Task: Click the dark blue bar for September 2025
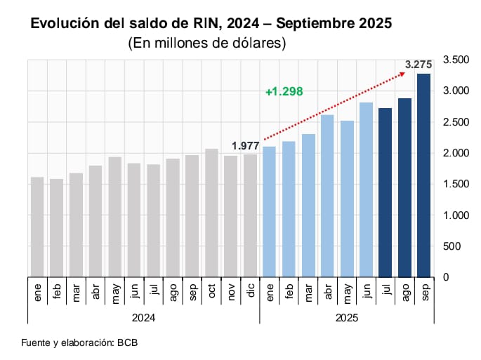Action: [x=423, y=175]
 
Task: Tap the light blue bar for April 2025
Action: [x=327, y=196]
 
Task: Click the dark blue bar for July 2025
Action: [x=385, y=192]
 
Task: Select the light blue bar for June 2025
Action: [x=366, y=189]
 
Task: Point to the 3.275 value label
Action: [x=419, y=65]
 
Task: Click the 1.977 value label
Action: [x=245, y=146]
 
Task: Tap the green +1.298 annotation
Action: [x=284, y=92]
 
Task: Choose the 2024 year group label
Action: [x=143, y=318]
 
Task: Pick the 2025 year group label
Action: [x=346, y=318]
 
